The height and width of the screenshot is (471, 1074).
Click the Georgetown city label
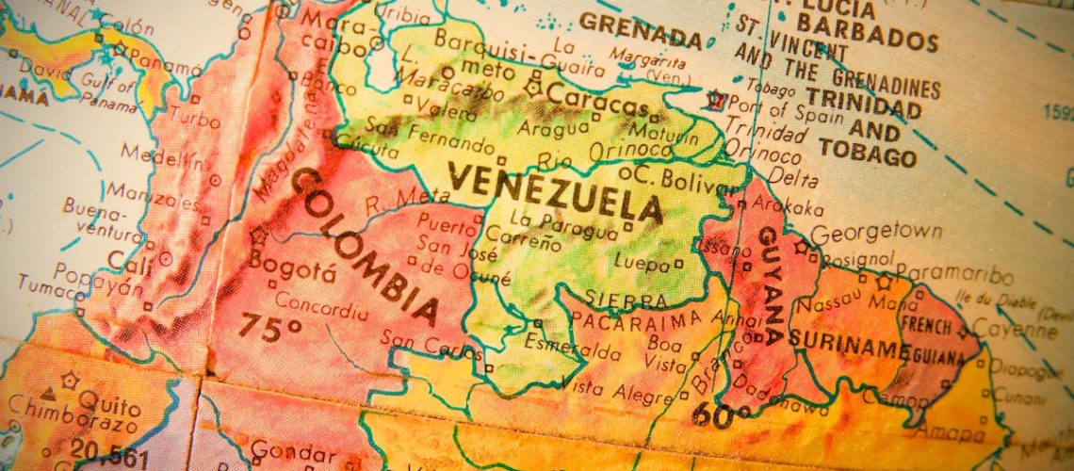coord(875,233)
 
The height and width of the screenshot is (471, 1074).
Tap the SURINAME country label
coord(848,345)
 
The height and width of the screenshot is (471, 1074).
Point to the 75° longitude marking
coord(269,327)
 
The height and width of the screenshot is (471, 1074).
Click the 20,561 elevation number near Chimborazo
coord(109,454)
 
